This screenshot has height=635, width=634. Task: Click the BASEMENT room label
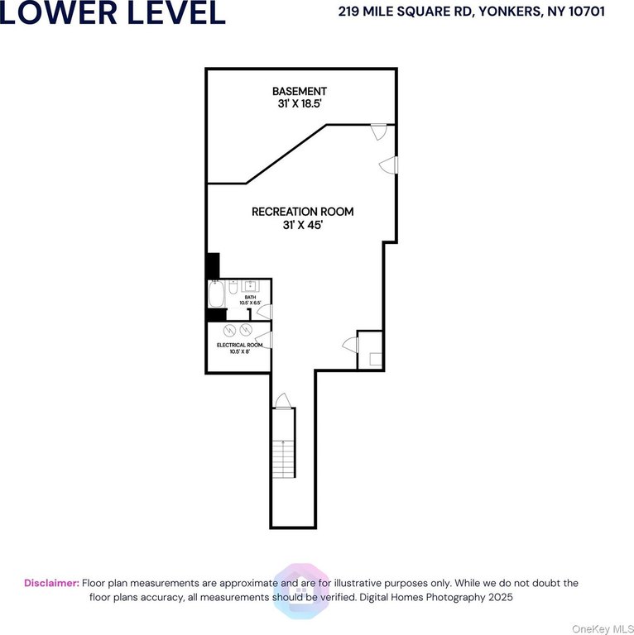[x=299, y=91]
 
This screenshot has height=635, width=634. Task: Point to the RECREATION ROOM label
[x=302, y=212]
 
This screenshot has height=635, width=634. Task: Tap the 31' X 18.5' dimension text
[x=300, y=103]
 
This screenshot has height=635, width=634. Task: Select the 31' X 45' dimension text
[x=302, y=225]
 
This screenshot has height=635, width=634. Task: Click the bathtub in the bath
[x=217, y=294]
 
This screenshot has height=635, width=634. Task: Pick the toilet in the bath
[x=233, y=287]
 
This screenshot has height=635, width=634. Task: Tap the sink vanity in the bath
[x=251, y=286]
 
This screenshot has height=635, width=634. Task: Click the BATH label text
[x=250, y=298]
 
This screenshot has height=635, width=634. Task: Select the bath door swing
[x=265, y=312]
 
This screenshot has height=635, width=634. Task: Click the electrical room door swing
[x=264, y=340]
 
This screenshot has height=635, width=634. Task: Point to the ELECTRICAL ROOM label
[x=239, y=345]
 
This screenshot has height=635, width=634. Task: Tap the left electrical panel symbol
[x=229, y=331]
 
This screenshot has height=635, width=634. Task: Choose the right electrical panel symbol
[x=246, y=330]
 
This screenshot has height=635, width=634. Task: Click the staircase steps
[x=283, y=459]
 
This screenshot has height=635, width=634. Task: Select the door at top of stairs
[x=282, y=401]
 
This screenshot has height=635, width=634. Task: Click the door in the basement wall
[x=379, y=132]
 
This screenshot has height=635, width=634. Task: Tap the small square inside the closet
[x=376, y=359]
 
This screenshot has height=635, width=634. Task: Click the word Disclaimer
[x=51, y=583]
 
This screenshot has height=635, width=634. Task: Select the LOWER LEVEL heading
[x=113, y=13]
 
